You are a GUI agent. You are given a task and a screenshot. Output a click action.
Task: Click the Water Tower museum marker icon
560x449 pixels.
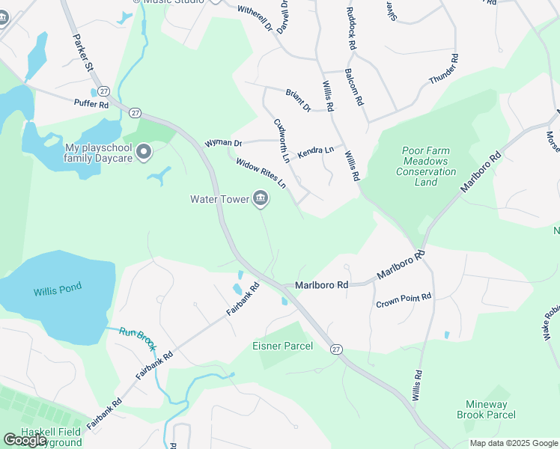point(261,198)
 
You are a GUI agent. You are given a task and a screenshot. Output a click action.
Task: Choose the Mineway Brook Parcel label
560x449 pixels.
point(487,409)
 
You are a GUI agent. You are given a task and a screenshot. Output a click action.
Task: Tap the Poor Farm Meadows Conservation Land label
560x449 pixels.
point(425,161)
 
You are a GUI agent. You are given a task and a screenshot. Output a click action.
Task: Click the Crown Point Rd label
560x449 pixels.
point(404,301)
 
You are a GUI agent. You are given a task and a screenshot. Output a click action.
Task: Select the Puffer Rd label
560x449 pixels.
point(91,104)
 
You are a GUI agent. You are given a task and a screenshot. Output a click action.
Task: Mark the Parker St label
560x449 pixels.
point(82,52)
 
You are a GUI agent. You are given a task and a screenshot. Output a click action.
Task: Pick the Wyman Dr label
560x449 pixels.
point(224,142)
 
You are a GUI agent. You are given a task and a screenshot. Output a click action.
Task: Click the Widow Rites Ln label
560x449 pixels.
point(261,172)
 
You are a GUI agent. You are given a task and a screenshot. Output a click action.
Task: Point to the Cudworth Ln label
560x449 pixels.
point(281,139)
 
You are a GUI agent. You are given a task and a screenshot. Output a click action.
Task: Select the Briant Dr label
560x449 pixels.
point(298,100)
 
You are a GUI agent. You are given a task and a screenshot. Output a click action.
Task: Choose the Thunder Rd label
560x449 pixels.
point(442,70)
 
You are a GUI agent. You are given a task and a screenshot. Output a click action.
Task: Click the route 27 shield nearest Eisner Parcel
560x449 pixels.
point(336,349)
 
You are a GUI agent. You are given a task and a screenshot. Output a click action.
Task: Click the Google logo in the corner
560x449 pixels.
point(25,440)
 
